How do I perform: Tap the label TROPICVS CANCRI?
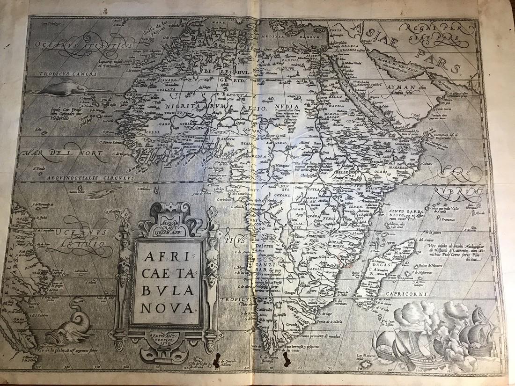[x=62, y=73]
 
